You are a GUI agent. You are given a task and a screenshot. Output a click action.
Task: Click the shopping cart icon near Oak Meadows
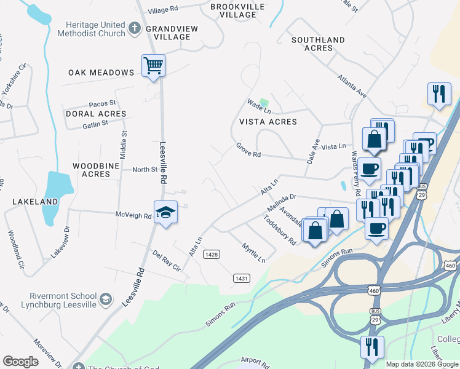[153, 65]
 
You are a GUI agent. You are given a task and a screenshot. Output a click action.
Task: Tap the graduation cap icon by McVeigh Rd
[165, 213]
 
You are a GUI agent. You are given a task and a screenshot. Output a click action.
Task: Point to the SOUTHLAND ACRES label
[319, 44]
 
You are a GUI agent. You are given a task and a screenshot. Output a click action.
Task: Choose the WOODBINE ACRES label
[91, 170]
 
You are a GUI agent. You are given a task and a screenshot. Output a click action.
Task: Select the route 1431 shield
[242, 279]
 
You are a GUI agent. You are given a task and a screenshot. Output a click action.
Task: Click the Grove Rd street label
[248, 151]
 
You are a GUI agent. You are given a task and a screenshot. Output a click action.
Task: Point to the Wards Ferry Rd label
[354, 169]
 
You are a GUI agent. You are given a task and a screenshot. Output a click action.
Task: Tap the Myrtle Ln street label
[253, 252]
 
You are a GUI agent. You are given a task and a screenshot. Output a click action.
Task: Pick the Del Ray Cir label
[166, 260]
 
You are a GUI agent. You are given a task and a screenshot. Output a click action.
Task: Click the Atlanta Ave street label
[351, 87]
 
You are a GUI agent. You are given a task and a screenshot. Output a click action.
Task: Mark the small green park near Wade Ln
[264, 102]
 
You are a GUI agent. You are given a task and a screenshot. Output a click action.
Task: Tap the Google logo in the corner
[20, 362]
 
